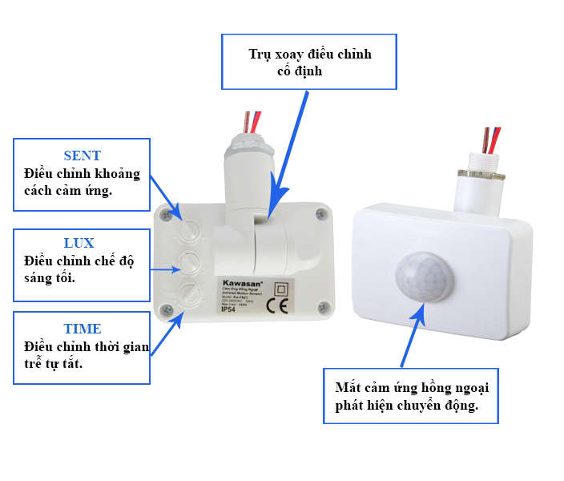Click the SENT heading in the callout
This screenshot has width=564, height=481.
click(83, 156)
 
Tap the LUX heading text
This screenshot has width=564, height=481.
click(79, 243)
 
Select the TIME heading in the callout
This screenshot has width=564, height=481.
click(83, 329)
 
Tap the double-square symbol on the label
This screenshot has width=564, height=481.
click(281, 288)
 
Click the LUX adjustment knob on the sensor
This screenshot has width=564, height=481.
click(190, 261)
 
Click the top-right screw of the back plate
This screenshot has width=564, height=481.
click(320, 213)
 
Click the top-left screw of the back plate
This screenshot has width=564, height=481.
click(166, 215)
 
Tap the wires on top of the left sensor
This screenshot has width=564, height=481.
click(251, 121)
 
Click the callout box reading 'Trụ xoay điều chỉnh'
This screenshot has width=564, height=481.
click(310, 62)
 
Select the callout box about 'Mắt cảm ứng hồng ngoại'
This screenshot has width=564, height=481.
click(411, 396)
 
